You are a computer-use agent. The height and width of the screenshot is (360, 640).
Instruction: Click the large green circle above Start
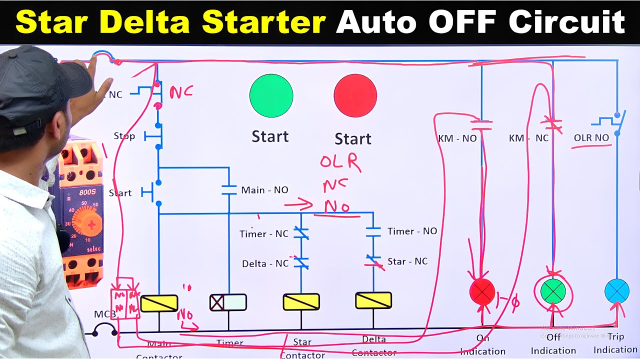[x=271, y=96]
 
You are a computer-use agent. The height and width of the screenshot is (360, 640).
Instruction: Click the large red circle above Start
[x=355, y=96]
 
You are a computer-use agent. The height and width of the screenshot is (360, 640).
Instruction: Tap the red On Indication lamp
[x=482, y=291]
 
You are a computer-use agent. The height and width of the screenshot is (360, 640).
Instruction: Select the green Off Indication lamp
[x=553, y=291]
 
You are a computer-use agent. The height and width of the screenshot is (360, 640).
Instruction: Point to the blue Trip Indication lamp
[x=616, y=291]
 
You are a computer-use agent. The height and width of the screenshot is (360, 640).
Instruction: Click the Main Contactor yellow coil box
[x=159, y=303]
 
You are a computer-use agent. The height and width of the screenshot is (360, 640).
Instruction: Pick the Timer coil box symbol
[x=228, y=302]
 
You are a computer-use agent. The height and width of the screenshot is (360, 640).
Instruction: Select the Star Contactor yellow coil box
[x=301, y=302]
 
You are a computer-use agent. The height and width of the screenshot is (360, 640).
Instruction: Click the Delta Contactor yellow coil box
[x=373, y=300]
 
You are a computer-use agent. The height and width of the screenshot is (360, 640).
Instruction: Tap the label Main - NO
[x=264, y=190]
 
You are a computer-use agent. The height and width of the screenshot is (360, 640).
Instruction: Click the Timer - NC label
[x=263, y=234]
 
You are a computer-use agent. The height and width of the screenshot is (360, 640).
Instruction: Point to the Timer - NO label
[x=412, y=231]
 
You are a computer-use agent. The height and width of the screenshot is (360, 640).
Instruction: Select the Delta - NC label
[x=265, y=263]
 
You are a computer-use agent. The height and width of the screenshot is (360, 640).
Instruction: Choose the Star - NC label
[x=407, y=261]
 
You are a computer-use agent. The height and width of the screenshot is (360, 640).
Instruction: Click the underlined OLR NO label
[x=591, y=137]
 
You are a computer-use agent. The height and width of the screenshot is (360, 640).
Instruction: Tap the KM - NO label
[x=457, y=138]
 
